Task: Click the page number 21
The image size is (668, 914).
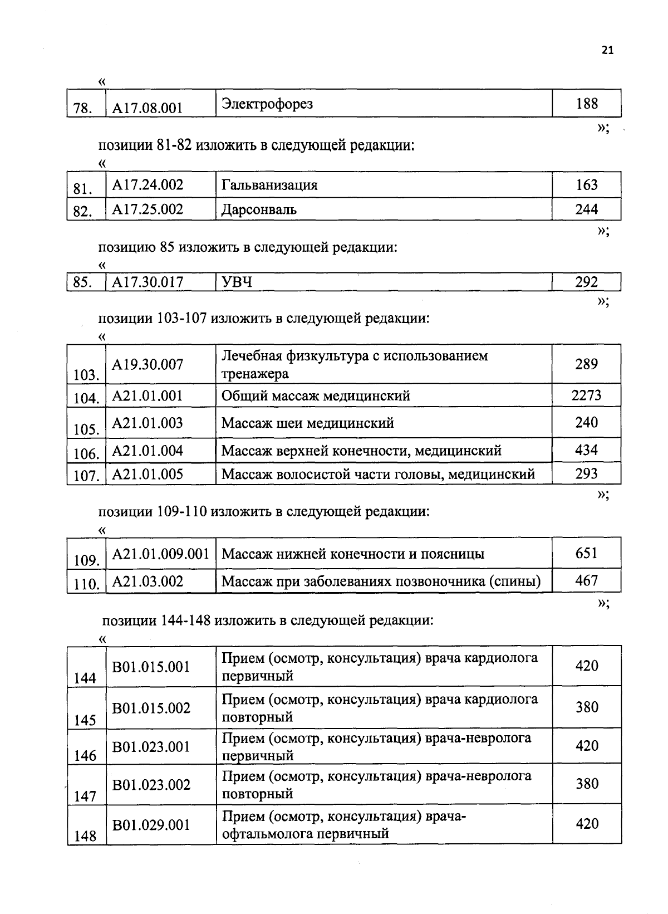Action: [607, 51]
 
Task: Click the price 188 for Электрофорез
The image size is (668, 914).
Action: [587, 104]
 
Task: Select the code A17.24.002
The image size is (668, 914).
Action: [148, 185]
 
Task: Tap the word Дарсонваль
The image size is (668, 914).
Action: [259, 210]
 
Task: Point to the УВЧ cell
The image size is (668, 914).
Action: [237, 282]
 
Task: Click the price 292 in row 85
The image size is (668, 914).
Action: [587, 282]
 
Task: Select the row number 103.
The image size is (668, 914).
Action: [86, 375]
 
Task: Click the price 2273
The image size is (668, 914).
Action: [587, 395]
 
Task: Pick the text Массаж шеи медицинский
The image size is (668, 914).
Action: [307, 423]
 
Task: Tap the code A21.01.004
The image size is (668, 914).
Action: [148, 451]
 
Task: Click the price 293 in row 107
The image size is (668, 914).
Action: [587, 474]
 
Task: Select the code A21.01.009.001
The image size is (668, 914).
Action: [160, 554]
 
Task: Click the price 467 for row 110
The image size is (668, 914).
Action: [587, 581]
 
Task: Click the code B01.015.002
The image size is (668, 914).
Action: [151, 708]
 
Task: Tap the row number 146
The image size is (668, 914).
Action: [85, 756]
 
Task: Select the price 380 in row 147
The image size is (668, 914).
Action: [587, 784]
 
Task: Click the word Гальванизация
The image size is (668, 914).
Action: [269, 185]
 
